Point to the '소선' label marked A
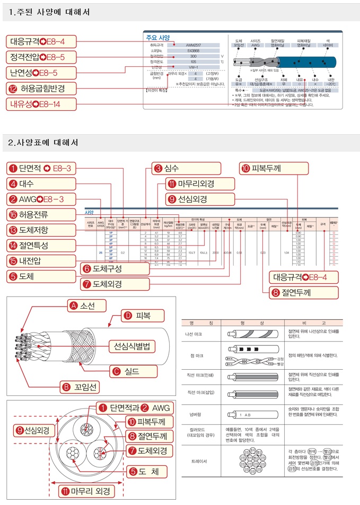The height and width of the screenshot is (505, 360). coord(87,306)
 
